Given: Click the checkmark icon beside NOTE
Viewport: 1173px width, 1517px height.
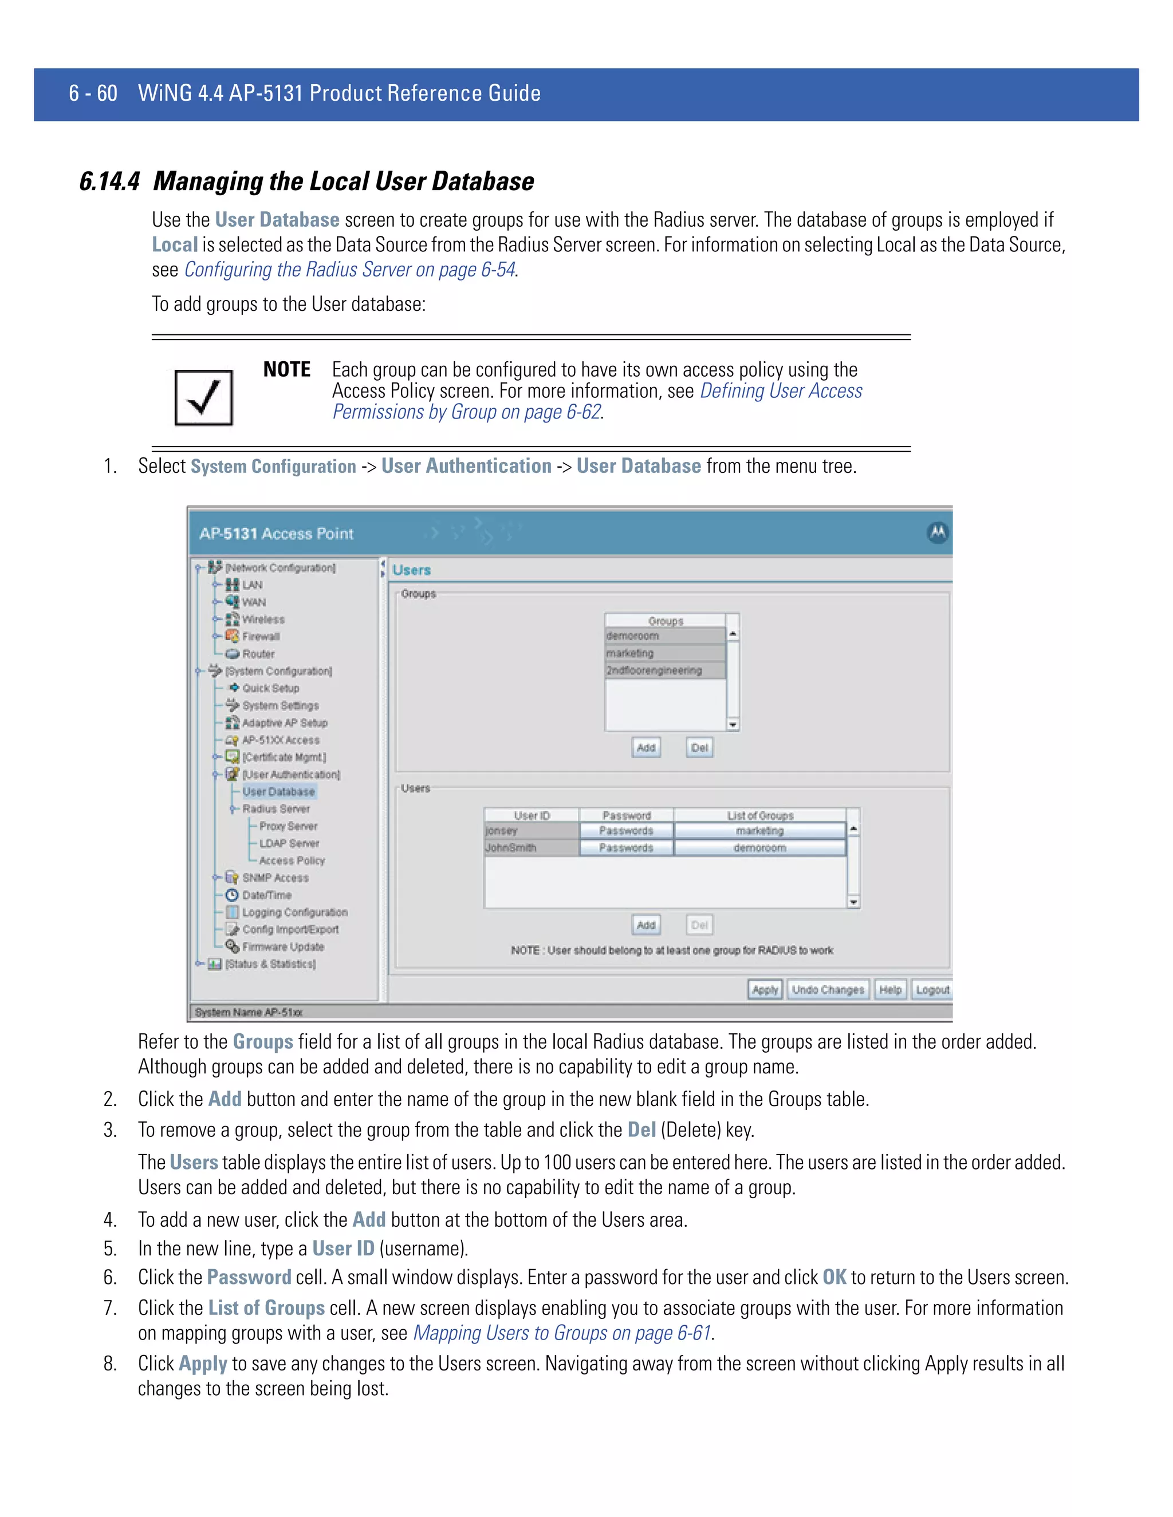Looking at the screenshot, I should pos(203,397).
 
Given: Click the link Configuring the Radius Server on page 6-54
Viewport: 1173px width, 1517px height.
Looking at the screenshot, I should pos(349,270).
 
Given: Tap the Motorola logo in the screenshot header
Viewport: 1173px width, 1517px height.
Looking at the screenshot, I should pos(938,533).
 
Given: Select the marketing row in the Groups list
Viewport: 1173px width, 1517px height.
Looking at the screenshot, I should pos(664,653).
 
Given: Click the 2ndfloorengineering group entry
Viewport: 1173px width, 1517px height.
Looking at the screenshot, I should pos(664,670).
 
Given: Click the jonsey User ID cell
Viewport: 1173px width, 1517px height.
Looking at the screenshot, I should pos(532,831).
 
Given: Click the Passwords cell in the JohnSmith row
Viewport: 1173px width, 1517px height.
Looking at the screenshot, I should pos(626,848).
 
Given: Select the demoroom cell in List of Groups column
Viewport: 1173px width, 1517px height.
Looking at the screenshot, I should pos(759,848).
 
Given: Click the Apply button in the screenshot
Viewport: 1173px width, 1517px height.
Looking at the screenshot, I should pos(765,990).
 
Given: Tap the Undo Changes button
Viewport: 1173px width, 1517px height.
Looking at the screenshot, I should pos(828,990).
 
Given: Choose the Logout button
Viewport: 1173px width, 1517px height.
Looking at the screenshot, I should pos(932,990).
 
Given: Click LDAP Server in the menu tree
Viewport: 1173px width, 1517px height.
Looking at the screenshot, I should pos(289,843).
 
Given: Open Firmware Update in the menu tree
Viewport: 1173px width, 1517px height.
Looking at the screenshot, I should pos(283,947).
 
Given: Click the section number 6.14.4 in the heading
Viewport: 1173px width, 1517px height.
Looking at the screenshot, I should pos(109,181).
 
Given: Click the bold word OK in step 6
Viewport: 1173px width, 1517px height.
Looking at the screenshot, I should pos(834,1277).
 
